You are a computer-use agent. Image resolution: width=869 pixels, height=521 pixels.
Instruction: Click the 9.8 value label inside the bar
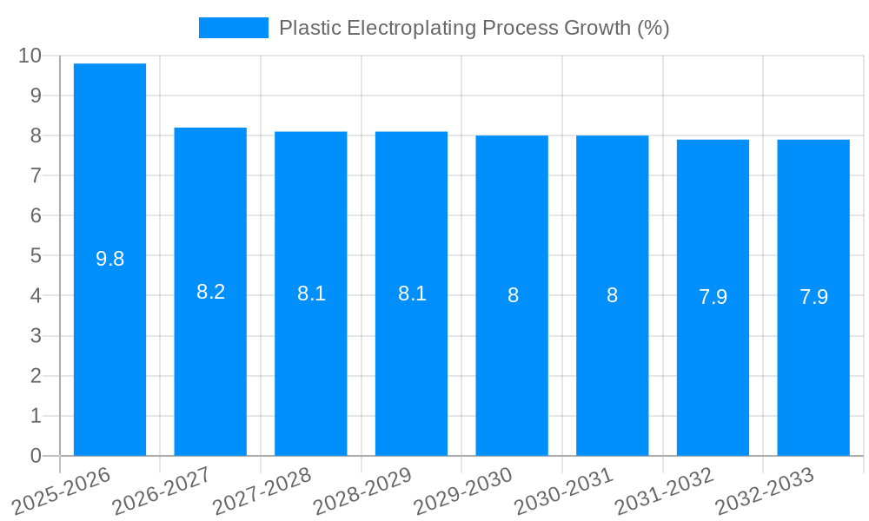(109, 259)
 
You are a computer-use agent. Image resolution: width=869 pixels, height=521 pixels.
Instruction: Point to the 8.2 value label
(210, 292)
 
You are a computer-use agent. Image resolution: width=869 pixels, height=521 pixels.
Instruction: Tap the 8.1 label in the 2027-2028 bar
(311, 293)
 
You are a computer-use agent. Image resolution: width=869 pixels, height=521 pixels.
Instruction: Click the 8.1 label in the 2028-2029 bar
(412, 293)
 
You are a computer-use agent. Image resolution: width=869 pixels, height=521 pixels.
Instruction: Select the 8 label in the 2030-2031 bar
(613, 295)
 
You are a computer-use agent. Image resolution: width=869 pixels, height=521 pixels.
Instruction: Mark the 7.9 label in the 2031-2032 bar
(713, 297)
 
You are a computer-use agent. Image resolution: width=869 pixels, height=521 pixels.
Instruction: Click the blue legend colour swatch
(233, 28)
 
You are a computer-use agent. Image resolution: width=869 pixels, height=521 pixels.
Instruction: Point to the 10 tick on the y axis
(30, 56)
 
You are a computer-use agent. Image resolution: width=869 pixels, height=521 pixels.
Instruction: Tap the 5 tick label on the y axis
(36, 256)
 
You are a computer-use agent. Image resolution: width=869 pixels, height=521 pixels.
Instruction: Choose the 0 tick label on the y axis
(36, 456)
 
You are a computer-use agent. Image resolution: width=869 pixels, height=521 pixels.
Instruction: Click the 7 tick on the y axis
(36, 175)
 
